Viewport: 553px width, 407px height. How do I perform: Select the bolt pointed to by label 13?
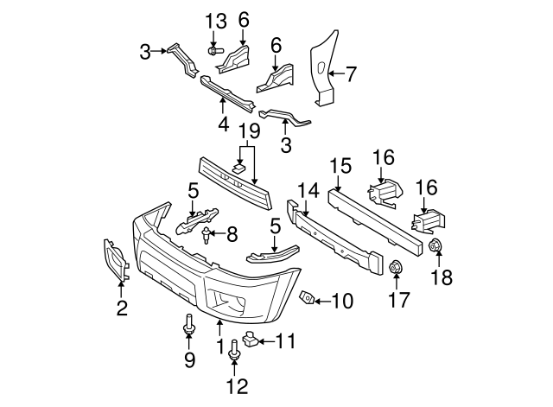coord(213,52)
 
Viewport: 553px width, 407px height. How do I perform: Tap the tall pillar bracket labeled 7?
coord(322,69)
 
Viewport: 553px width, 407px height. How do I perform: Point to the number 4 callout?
coord(223,124)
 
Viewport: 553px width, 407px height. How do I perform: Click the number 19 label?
coord(249,132)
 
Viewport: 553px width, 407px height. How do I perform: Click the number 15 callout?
coord(340,163)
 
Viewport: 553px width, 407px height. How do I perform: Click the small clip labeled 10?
coord(307,298)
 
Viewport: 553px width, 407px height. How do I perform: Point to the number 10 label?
coord(342,301)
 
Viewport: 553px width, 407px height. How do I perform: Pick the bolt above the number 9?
coord(189,327)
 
